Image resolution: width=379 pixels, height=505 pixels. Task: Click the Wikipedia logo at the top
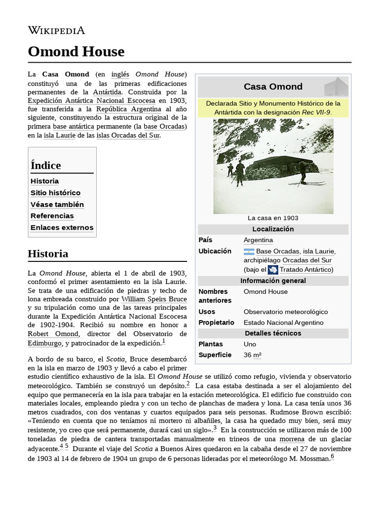point(56,30)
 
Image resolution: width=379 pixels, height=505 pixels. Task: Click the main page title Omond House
point(76,51)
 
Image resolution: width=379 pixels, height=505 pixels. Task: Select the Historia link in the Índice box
point(44,181)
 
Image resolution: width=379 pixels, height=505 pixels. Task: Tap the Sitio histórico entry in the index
point(55,193)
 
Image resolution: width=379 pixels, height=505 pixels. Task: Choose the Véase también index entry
point(57,204)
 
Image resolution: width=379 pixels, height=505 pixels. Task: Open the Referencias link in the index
point(52,216)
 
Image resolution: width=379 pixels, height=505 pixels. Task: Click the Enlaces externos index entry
point(62,228)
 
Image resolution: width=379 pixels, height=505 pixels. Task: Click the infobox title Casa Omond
point(273,87)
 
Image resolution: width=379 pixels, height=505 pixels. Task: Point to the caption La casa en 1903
point(273,218)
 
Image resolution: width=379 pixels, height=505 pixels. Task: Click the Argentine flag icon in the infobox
point(249,252)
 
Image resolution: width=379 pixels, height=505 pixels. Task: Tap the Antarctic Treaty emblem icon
point(273,270)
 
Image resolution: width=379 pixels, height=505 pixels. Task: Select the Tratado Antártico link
point(305,270)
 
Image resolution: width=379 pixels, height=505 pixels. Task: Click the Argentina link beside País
point(258,240)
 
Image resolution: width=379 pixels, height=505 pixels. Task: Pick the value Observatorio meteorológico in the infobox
point(286,312)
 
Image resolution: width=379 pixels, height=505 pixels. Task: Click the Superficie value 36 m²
point(253,355)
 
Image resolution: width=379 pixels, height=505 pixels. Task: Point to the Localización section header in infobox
point(273,229)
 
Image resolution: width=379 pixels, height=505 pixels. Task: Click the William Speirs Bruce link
point(154,299)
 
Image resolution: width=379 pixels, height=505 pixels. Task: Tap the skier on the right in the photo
point(303,171)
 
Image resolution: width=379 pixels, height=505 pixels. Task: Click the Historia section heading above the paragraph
point(48,254)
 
